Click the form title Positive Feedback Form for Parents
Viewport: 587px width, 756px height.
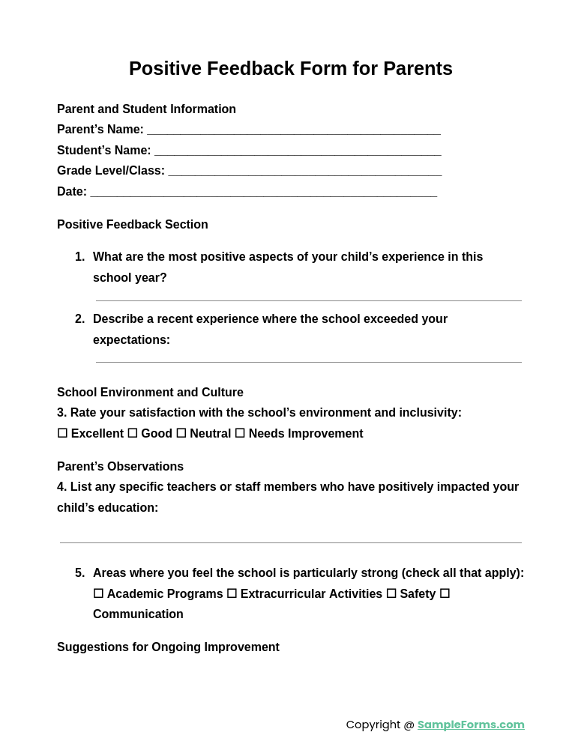290,68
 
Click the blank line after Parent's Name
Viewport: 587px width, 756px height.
293,130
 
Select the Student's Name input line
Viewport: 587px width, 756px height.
298,151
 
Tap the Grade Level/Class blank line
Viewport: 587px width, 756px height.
304,172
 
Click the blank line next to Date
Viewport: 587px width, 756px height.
263,193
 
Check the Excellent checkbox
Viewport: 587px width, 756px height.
62,433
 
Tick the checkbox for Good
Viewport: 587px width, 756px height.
133,433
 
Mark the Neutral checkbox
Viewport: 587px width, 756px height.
181,433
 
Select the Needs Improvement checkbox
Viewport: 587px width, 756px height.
240,433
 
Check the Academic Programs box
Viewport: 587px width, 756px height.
98,593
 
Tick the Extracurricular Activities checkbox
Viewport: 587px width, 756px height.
232,593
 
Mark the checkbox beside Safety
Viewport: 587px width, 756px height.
391,593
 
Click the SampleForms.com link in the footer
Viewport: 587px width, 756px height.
471,725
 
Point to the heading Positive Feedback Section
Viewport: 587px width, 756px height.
133,225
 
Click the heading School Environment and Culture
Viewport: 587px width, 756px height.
150,393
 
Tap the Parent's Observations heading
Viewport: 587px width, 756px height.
120,467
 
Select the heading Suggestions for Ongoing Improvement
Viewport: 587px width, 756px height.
168,647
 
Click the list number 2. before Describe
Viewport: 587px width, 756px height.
79,319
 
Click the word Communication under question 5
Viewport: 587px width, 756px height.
138,614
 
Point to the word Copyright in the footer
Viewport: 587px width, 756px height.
373,725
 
